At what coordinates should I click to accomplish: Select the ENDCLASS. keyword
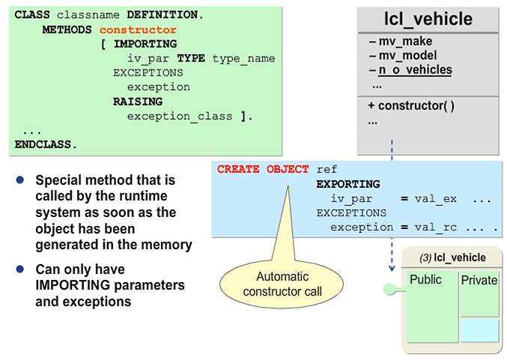(46, 143)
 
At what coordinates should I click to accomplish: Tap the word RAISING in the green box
(138, 101)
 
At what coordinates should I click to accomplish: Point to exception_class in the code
(179, 115)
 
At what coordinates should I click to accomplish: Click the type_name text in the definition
(243, 58)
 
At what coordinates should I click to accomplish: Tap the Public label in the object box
(425, 280)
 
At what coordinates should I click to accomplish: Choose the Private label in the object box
(479, 281)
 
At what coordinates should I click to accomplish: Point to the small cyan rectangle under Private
(479, 330)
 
